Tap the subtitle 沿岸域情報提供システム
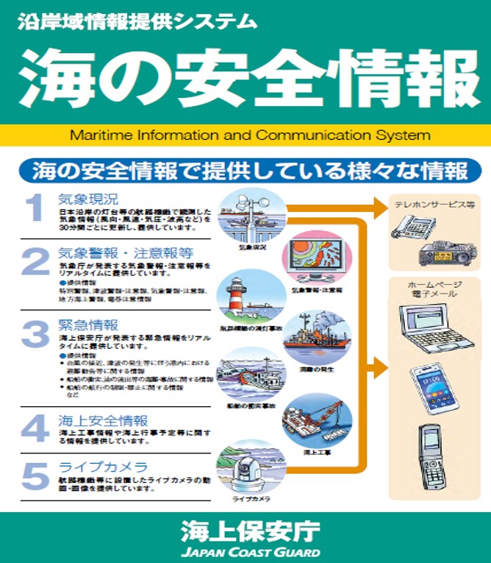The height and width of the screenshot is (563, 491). pyautogui.click(x=137, y=21)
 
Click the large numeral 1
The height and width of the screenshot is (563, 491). pyautogui.click(x=35, y=209)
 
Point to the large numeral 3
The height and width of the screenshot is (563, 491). pyautogui.click(x=35, y=334)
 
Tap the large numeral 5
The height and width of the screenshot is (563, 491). pyautogui.click(x=35, y=476)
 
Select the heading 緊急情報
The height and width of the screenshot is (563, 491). pyautogui.click(x=88, y=325)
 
